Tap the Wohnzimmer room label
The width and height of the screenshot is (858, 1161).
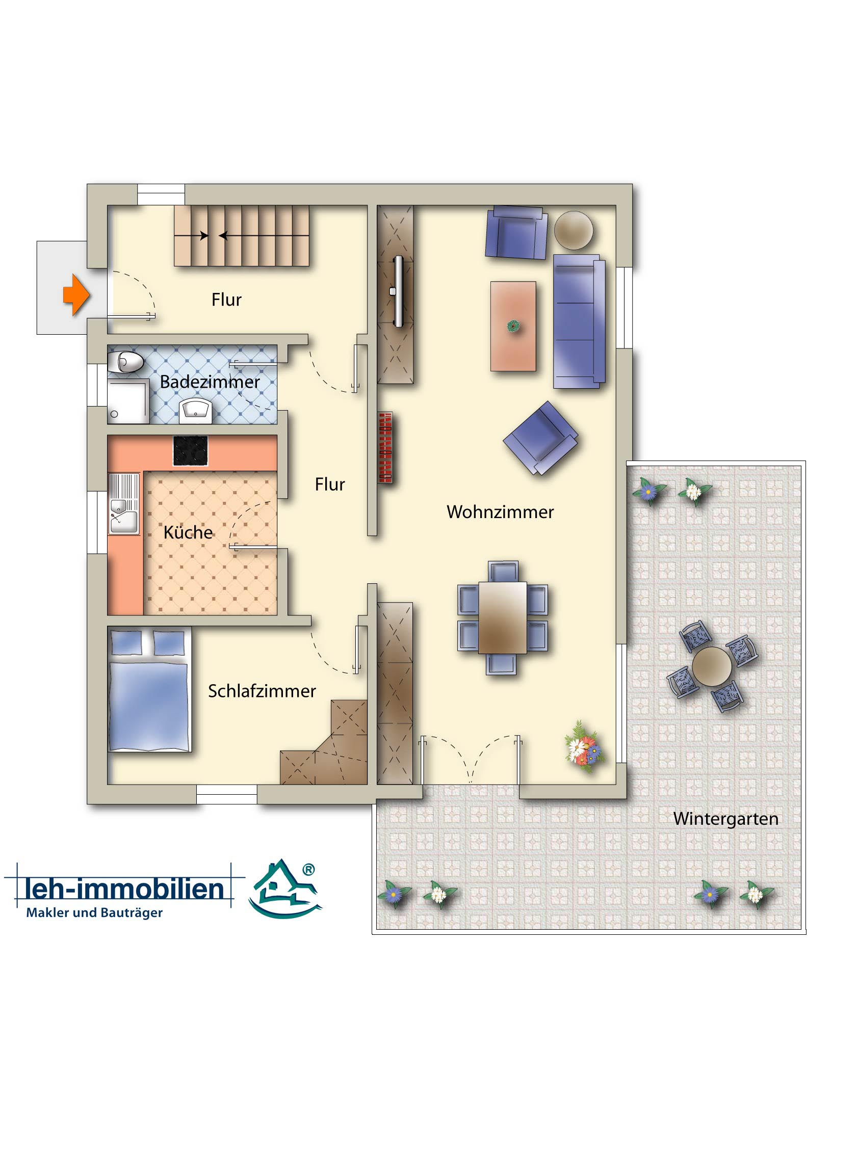coord(500,512)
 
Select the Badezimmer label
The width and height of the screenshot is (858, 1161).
coord(210,382)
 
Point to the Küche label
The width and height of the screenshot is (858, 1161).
coord(188,532)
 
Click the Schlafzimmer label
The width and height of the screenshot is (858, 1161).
coord(262,691)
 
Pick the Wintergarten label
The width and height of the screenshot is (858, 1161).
coord(725,819)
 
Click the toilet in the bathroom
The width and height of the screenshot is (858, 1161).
coord(126,361)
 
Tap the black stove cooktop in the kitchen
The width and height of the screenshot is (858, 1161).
coord(191,450)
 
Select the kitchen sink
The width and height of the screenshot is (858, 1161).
coord(124,503)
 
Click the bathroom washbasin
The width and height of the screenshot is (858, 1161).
coord(195,411)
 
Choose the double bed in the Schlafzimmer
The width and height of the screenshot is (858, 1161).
coord(149,690)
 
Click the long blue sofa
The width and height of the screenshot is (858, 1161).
coord(580,321)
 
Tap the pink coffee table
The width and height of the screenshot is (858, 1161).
coord(513,327)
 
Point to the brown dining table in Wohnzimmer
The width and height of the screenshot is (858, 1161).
coord(503,617)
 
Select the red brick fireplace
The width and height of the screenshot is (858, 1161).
coord(385,448)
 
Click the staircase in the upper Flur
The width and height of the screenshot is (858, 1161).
coord(242,236)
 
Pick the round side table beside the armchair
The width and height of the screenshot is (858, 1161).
coord(574,230)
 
